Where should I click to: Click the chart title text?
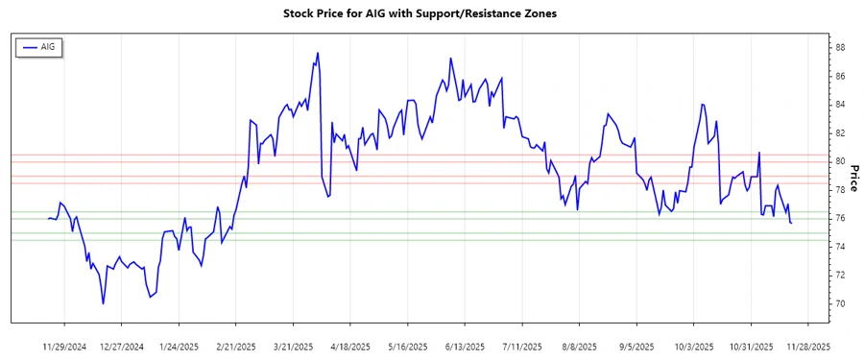(420, 14)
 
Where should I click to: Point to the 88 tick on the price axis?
(839, 47)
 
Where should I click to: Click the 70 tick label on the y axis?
(839, 303)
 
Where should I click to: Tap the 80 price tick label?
(839, 161)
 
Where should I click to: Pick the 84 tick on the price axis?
(839, 105)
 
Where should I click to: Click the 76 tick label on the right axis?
(839, 218)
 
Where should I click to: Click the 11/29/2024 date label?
(64, 346)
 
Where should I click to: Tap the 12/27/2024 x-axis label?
(122, 346)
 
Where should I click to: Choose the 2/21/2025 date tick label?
(236, 346)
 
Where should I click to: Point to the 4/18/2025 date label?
(351, 346)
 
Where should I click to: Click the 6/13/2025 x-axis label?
(466, 346)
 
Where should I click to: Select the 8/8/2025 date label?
(580, 346)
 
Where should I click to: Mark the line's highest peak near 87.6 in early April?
(317, 53)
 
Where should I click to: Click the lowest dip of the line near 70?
(103, 303)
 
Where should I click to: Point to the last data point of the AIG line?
(791, 224)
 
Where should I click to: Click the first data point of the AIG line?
(48, 218)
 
